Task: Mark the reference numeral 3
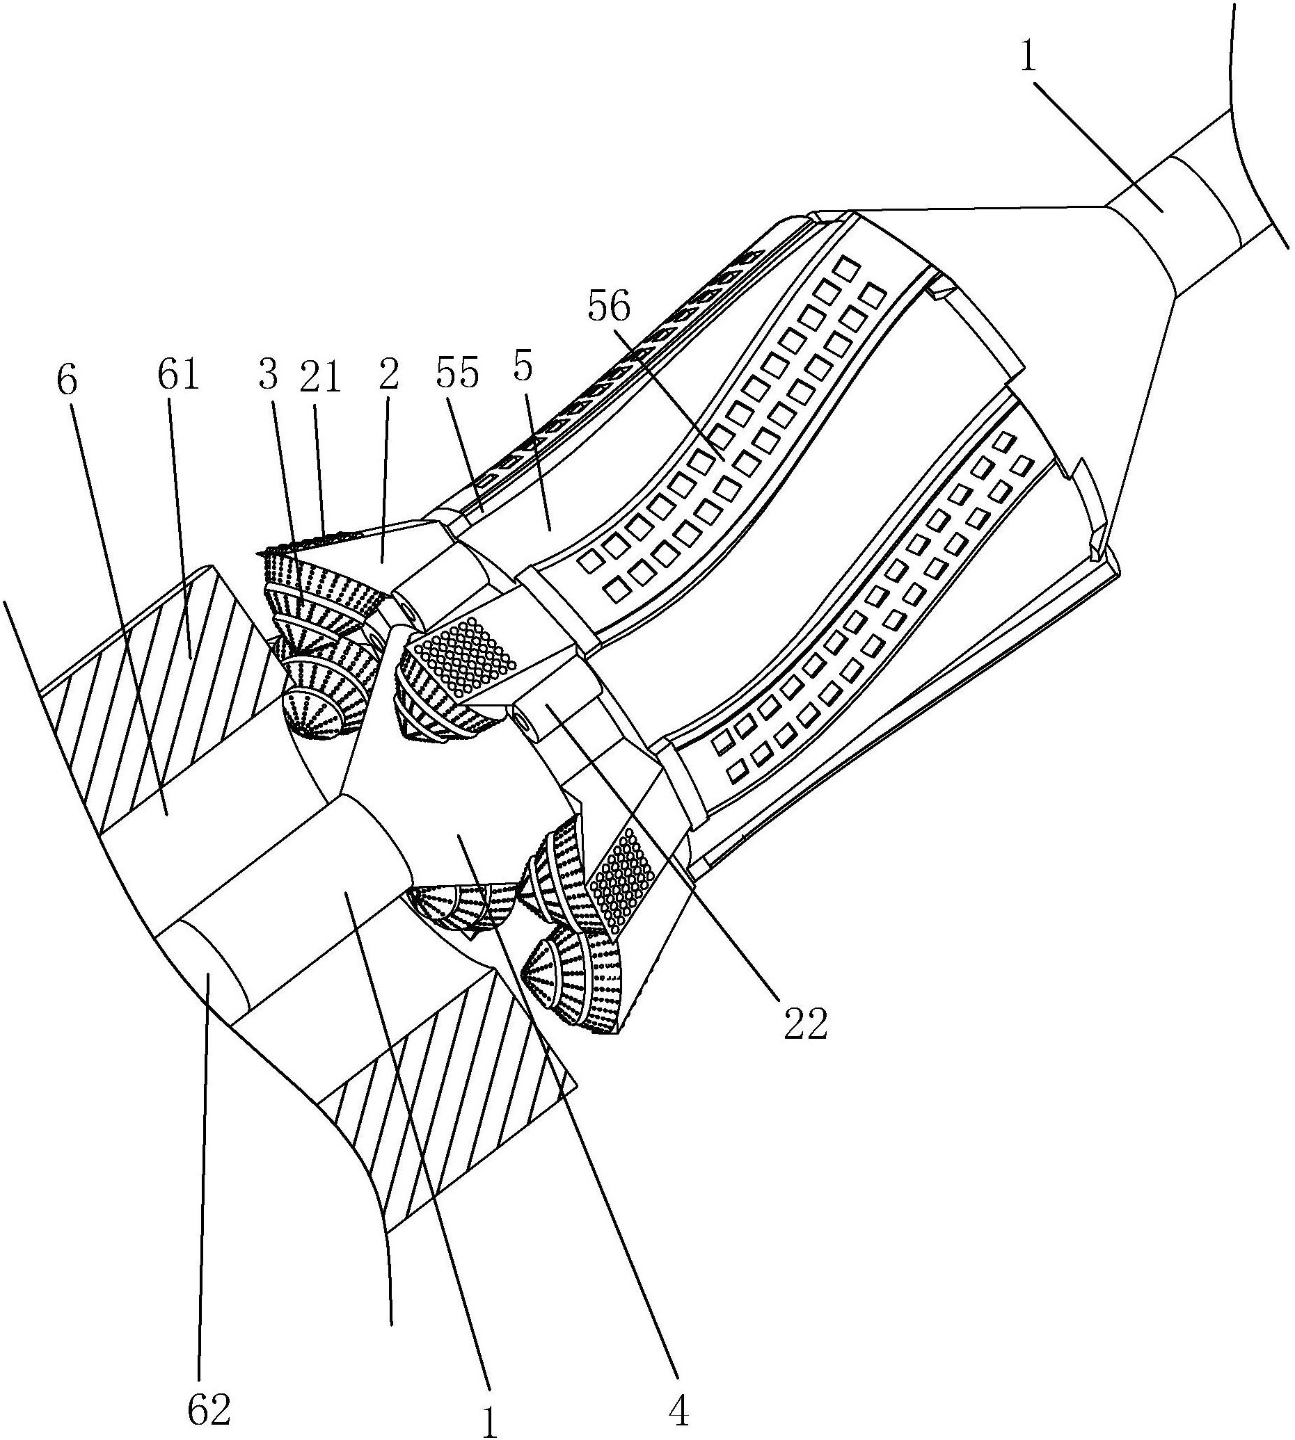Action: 267,375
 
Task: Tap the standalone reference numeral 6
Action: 65,381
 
